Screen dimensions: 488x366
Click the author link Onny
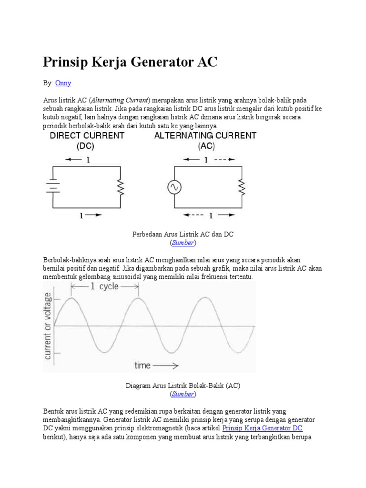coord(63,83)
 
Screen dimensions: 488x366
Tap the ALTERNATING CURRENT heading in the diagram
coord(205,136)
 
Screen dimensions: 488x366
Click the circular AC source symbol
coord(174,187)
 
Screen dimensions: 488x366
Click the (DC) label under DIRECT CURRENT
coord(86,147)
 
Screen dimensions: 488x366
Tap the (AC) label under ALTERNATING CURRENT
coord(205,147)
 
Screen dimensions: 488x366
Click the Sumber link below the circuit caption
coord(183,243)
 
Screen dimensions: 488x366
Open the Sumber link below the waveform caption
coord(183,394)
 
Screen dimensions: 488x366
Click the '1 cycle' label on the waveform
coord(105,287)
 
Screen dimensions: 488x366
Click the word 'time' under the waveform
coord(142,366)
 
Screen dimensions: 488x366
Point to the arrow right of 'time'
coord(167,366)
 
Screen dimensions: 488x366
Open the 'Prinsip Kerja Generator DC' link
coord(262,428)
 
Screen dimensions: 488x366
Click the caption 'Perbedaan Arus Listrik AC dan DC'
coord(183,235)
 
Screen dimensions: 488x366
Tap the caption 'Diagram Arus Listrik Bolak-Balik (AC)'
coord(183,386)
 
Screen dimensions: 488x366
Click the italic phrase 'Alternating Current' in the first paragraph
coord(120,100)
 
